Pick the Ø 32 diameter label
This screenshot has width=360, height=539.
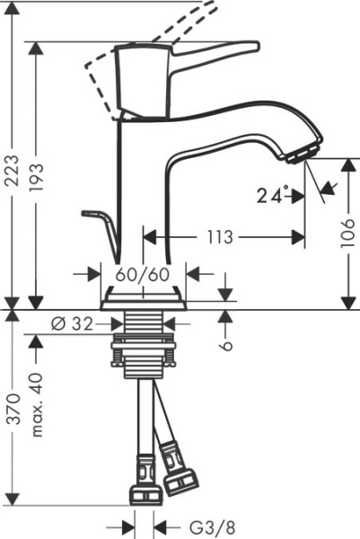(x=68, y=323)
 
